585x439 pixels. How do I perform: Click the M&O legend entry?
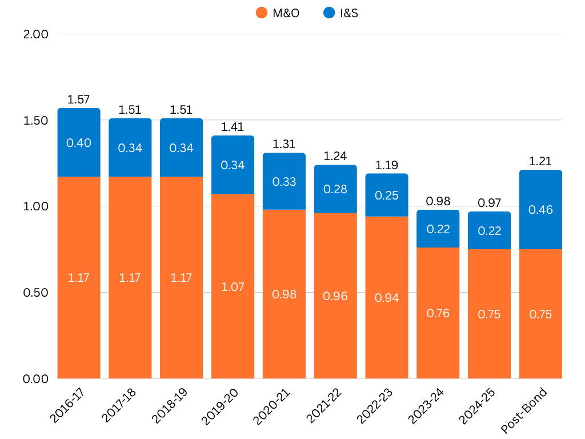tap(278, 13)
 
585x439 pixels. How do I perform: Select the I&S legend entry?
tap(340, 13)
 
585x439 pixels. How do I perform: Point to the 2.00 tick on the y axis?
tap(35, 34)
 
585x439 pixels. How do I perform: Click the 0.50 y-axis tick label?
tap(35, 293)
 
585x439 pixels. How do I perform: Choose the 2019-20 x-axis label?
tap(220, 407)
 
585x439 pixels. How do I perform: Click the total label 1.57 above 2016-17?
tap(79, 99)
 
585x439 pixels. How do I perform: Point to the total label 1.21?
tap(540, 161)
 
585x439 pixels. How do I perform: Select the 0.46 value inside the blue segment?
tap(540, 210)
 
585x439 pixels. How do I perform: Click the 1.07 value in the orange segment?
tap(233, 287)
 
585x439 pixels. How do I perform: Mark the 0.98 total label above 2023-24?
tap(438, 201)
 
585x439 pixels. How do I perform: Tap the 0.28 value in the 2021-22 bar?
tap(335, 189)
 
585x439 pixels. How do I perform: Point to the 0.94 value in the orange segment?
tap(387, 298)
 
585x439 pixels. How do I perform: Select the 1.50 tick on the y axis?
tap(35, 121)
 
